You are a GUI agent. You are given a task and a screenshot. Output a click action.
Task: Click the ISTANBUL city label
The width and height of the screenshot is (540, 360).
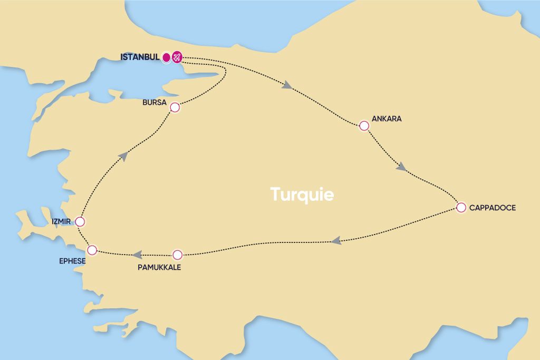click(x=140, y=57)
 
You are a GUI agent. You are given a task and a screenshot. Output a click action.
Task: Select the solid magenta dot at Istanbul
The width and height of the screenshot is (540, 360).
click(x=166, y=57)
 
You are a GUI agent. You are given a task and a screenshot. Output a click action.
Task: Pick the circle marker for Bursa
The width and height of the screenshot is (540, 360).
click(x=175, y=108)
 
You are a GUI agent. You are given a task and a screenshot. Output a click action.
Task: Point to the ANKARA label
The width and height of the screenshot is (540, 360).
click(x=387, y=119)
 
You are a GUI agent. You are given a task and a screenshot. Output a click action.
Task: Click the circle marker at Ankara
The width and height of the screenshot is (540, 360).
click(x=364, y=126)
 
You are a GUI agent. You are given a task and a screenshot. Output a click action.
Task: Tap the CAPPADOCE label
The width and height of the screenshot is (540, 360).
click(x=493, y=208)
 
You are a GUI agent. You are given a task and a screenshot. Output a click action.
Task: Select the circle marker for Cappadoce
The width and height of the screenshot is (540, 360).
click(x=461, y=207)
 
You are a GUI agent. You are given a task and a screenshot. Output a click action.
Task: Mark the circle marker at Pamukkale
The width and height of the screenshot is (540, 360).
click(x=178, y=255)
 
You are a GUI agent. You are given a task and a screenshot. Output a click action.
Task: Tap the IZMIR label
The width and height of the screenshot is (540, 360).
click(x=61, y=221)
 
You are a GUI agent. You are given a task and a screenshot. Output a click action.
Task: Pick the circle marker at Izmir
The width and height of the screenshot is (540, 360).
click(x=80, y=221)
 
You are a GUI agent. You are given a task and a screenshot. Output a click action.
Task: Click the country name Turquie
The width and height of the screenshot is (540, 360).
click(x=302, y=194)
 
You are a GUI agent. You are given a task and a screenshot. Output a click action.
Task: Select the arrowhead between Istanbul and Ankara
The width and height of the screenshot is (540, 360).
click(x=287, y=85)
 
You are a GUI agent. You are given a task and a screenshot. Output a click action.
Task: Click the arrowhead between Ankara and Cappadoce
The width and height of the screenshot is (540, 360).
click(x=401, y=167)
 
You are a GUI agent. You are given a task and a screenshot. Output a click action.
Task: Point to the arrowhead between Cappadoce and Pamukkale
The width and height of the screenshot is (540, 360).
click(x=336, y=241)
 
